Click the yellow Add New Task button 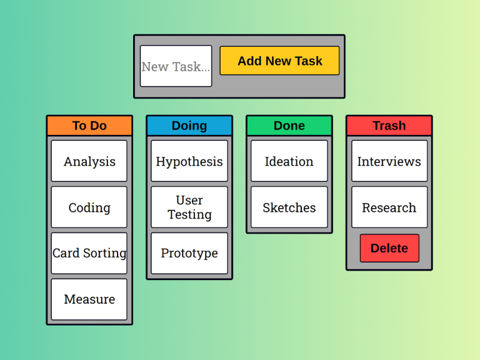tap(279, 61)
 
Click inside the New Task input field tap(176, 66)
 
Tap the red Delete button tap(389, 248)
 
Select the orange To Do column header tap(89, 126)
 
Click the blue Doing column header tap(189, 126)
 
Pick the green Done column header tap(289, 126)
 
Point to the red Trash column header tap(389, 126)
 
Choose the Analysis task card tap(89, 161)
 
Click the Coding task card tap(89, 207)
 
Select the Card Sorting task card tap(89, 253)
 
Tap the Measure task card tap(89, 299)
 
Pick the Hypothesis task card tap(189, 161)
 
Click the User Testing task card tap(189, 207)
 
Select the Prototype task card tap(189, 253)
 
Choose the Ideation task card tap(289, 161)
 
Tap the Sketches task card tap(289, 207)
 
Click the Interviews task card tap(389, 161)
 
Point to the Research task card tap(389, 207)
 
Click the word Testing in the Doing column tap(190, 214)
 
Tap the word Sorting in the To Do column tap(105, 254)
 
